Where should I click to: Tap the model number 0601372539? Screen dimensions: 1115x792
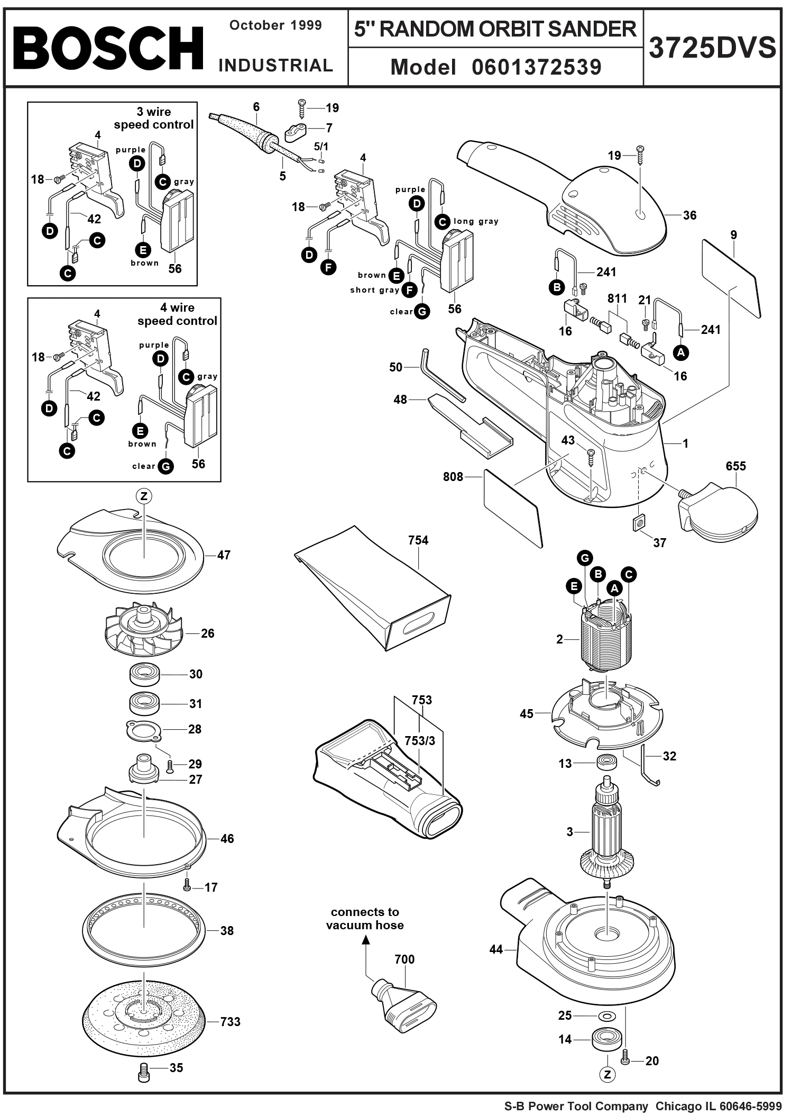tap(536, 67)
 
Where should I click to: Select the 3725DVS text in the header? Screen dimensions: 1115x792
tap(712, 48)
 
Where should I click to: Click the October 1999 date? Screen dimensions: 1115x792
tap(275, 25)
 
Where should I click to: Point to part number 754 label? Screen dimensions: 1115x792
tap(418, 540)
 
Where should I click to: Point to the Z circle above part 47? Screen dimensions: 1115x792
tap(144, 496)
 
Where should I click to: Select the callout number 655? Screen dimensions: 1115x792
tap(735, 466)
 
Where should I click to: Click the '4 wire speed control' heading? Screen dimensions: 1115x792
tap(177, 314)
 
